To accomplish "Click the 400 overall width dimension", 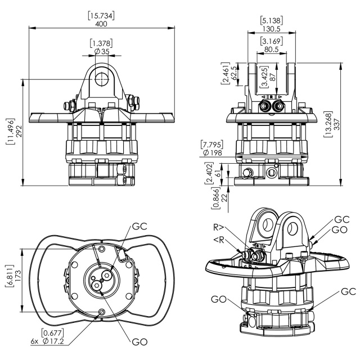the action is [x=101, y=24].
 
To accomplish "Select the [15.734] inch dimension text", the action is [x=101, y=16].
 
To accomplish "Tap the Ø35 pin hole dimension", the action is [x=102, y=51].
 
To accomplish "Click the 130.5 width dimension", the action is [x=272, y=29].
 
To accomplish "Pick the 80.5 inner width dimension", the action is [x=271, y=49].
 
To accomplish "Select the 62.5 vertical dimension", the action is [x=234, y=73].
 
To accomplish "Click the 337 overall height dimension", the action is [x=336, y=124].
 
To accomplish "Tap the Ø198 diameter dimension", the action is [x=213, y=152].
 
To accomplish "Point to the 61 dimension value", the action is [x=218, y=173].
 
